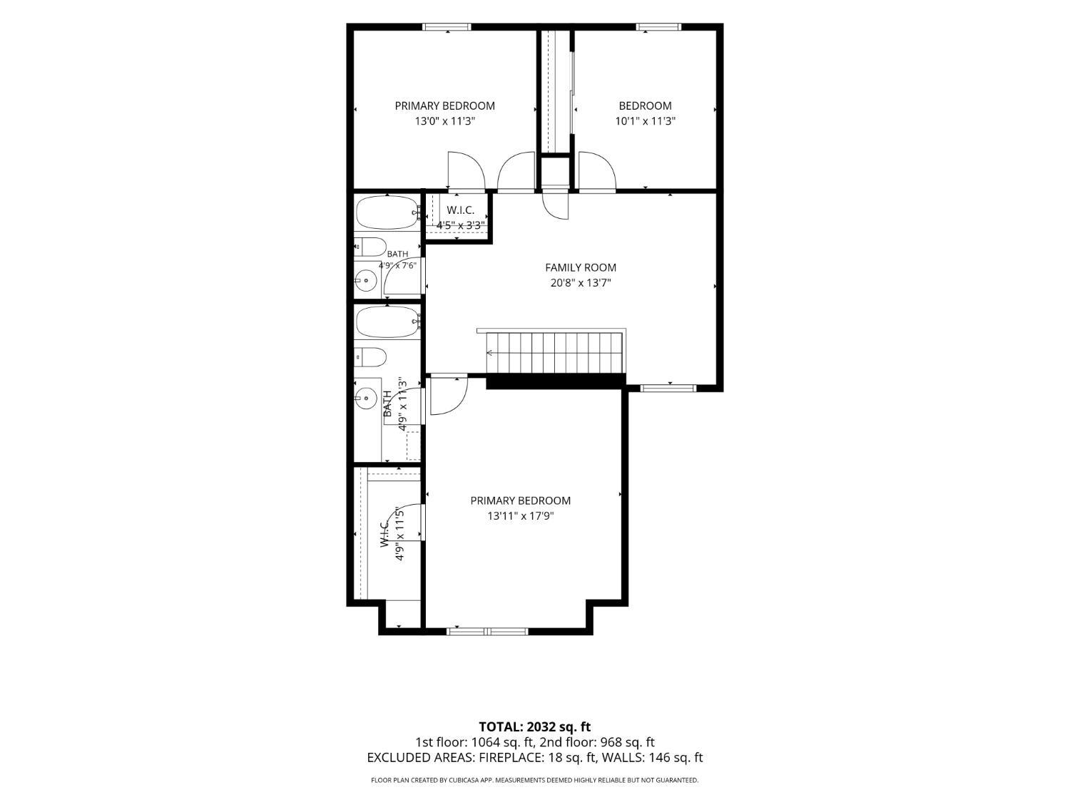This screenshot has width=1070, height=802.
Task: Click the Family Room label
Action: click(x=580, y=267)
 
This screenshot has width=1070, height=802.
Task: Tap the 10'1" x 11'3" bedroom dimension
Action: click(x=645, y=121)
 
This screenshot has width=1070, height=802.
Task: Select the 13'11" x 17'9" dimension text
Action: click(x=521, y=515)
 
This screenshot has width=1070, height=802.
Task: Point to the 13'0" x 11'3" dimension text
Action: click(x=444, y=121)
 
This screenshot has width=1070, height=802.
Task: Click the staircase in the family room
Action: click(x=555, y=351)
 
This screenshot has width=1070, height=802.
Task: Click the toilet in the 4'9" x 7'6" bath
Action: click(x=370, y=247)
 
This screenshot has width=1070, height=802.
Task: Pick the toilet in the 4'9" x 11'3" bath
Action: click(x=370, y=357)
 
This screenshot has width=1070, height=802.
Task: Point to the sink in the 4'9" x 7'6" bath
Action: click(x=365, y=279)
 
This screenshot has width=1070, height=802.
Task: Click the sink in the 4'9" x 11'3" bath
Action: click(x=365, y=398)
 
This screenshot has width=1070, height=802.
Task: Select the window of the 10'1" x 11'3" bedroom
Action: click(x=658, y=27)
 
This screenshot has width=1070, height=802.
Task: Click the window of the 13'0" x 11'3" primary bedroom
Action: click(x=447, y=27)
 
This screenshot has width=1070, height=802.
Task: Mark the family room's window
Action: click(x=668, y=388)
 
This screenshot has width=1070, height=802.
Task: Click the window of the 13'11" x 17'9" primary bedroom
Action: click(x=487, y=632)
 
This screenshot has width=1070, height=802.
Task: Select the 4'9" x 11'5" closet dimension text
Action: click(x=400, y=534)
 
